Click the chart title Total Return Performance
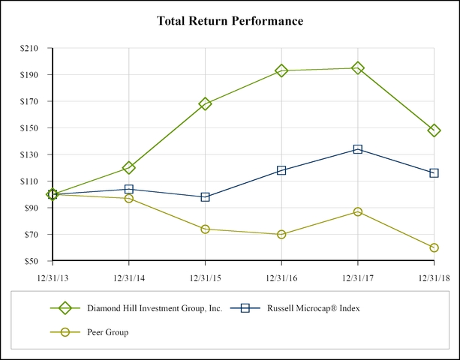click(230, 21)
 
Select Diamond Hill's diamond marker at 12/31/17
click(358, 68)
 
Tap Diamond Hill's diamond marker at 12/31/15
click(206, 103)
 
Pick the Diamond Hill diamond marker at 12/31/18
click(434, 130)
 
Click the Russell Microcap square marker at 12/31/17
click(358, 149)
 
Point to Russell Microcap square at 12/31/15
click(206, 197)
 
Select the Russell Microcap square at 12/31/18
click(434, 173)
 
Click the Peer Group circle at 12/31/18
click(434, 247)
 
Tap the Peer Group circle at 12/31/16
click(281, 234)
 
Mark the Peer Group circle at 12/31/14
click(129, 199)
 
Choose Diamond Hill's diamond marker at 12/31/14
click(129, 167)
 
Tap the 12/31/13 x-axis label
click(53, 277)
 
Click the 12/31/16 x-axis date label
click(281, 277)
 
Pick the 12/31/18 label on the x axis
click(434, 277)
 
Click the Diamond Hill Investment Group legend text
click(155, 307)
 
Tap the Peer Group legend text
click(108, 331)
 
